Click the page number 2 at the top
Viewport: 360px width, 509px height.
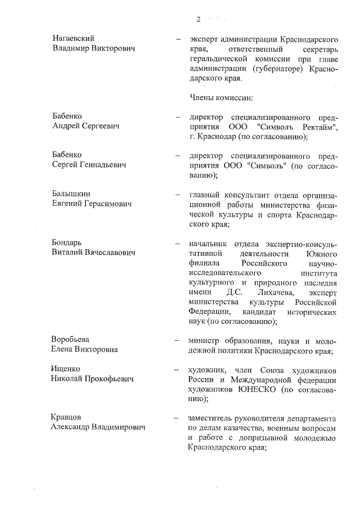tap(198, 20)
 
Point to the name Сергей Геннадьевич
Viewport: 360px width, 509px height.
tap(88, 165)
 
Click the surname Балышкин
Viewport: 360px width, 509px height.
tap(71, 193)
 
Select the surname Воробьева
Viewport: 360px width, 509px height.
tap(71, 340)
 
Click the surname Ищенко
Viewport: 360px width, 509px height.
tap(67, 369)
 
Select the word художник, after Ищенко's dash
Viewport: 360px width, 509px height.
tap(209, 370)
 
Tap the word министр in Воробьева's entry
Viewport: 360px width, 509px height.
tap(205, 340)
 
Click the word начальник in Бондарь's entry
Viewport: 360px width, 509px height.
tap(210, 244)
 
